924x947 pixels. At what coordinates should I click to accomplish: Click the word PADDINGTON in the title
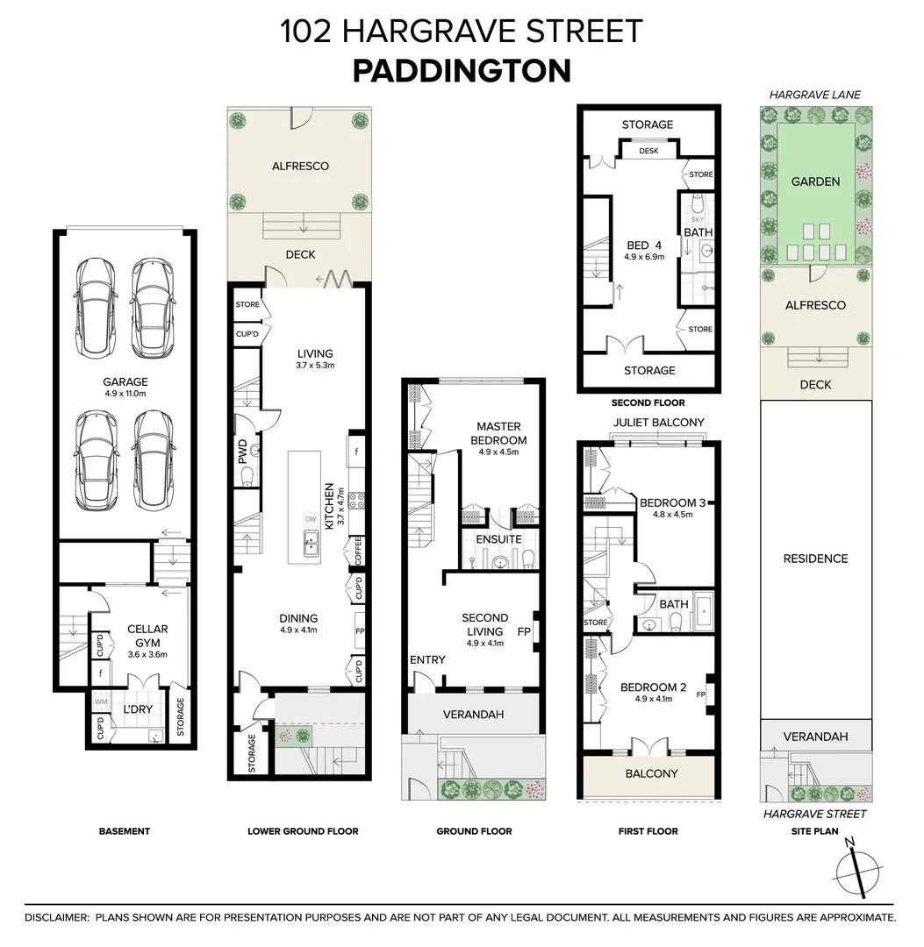[462, 71]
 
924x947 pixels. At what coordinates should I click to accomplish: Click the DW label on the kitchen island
[310, 518]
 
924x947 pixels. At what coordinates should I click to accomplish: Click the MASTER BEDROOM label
[499, 433]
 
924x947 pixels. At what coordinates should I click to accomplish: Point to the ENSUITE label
[498, 538]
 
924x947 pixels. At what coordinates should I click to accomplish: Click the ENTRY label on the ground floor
[427, 659]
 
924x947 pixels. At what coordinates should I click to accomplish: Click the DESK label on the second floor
[648, 151]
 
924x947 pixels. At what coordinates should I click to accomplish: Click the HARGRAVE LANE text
[815, 95]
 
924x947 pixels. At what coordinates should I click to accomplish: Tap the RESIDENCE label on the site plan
[815, 559]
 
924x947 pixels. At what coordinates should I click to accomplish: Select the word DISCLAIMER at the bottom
[56, 917]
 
